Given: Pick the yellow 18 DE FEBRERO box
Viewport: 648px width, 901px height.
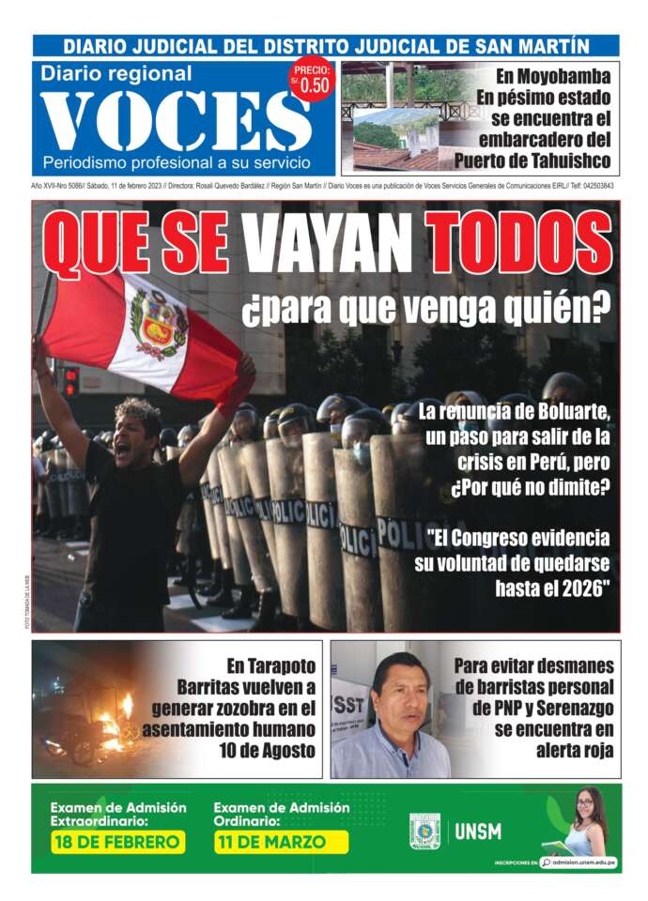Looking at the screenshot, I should (x=117, y=842).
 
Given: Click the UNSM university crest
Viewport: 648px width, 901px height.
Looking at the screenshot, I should (x=424, y=832).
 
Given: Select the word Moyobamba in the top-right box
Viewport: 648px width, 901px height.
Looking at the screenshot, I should (x=554, y=76).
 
